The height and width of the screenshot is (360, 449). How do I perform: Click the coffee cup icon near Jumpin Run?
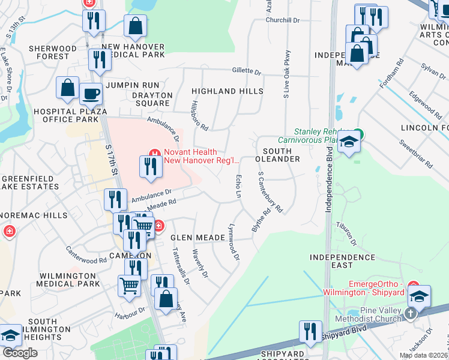click(91, 94)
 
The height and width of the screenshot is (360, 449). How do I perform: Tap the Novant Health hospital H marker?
click(154, 153)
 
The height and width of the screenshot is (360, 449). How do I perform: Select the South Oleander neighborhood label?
click(277, 154)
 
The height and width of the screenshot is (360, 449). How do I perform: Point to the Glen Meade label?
click(197, 238)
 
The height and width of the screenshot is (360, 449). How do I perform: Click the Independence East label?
click(342, 257)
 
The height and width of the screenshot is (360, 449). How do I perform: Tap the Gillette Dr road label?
click(247, 71)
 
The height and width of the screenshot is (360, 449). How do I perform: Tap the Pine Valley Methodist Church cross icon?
click(411, 313)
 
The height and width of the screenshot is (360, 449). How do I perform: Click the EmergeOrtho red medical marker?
click(412, 286)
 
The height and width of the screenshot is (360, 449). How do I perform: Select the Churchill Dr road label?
click(283, 20)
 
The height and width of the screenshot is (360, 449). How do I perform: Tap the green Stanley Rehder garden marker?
click(358, 133)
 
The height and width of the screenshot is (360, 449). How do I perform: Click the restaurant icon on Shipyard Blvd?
click(310, 332)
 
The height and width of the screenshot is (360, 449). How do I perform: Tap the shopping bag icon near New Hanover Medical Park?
click(135, 26)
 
